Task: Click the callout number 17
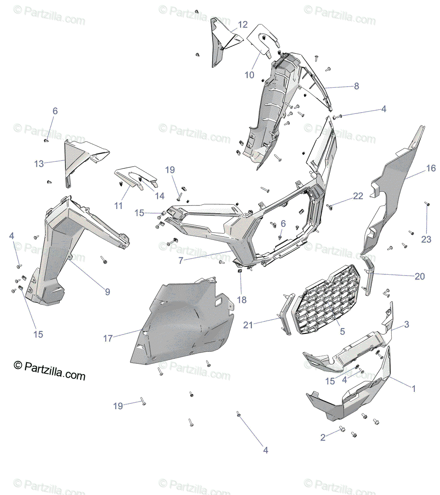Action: click(108, 339)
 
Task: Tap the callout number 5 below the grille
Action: click(342, 331)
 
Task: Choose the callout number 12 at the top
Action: click(243, 25)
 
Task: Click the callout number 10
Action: click(249, 75)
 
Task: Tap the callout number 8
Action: click(356, 86)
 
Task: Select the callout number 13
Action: click(39, 164)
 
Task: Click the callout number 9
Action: click(107, 292)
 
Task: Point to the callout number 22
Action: click(358, 196)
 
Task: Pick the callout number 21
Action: click(248, 325)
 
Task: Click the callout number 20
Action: click(419, 276)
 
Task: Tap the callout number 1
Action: click(414, 388)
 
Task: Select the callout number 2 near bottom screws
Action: click(323, 438)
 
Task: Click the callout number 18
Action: click(242, 300)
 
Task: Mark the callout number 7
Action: click(181, 261)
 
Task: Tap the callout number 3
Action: click(407, 325)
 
